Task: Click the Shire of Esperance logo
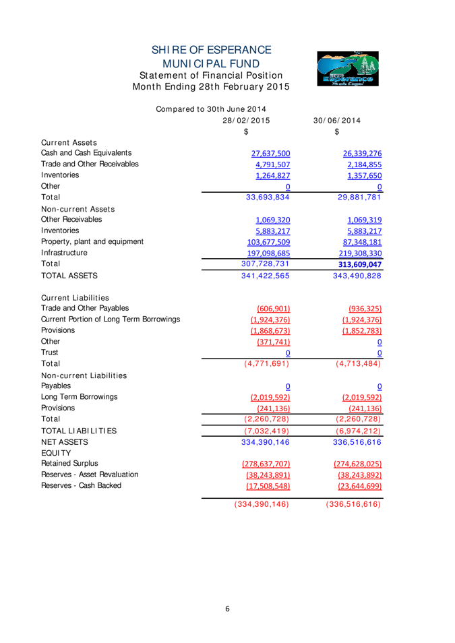pyautogui.click(x=348, y=69)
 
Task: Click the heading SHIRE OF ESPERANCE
pyautogui.click(x=211, y=51)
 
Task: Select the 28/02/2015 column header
pyautogui.click(x=246, y=121)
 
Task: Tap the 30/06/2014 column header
pyautogui.click(x=336, y=121)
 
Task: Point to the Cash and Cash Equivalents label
pyautogui.click(x=86, y=153)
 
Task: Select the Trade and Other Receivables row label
pyautogui.click(x=90, y=164)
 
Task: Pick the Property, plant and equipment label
pyautogui.click(x=92, y=241)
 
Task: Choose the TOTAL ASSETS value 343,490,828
pyautogui.click(x=357, y=276)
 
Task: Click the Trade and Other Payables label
pyautogui.click(x=85, y=308)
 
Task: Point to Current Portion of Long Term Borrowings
pyautogui.click(x=111, y=319)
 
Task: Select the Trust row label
pyautogui.click(x=50, y=352)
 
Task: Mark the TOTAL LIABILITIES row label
pyautogui.click(x=79, y=431)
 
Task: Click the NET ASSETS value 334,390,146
pyautogui.click(x=266, y=442)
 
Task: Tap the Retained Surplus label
pyautogui.click(x=69, y=463)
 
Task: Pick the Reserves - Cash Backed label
pyautogui.click(x=81, y=485)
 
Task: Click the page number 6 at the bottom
pyautogui.click(x=228, y=609)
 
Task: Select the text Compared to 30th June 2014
pyautogui.click(x=211, y=109)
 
